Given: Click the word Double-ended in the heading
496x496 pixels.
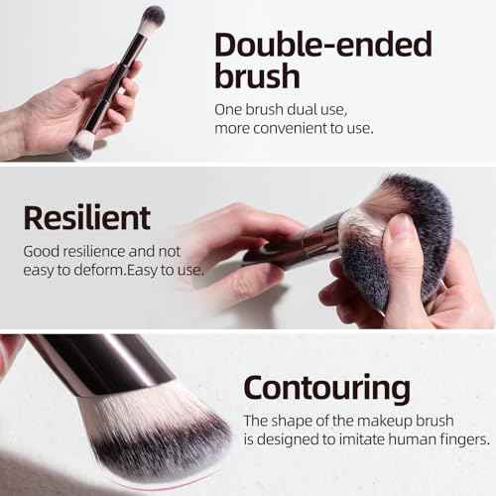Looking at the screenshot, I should [323, 46].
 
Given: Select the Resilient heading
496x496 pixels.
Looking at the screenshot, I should [87, 216].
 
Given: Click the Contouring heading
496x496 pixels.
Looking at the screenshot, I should [326, 386].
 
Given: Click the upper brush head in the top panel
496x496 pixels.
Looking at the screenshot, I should [153, 17].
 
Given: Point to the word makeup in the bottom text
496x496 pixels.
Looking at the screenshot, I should [382, 421].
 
